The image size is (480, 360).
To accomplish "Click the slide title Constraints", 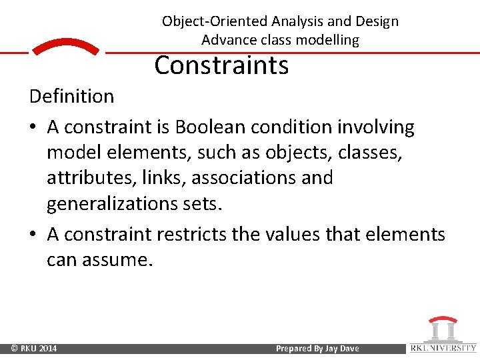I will coord(221,66).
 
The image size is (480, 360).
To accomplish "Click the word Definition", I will coord(71,97).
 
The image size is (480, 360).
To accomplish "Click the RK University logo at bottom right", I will coord(443,335).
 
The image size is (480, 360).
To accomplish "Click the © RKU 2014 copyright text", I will coord(34,349).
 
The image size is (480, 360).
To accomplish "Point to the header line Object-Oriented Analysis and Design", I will coord(280,21).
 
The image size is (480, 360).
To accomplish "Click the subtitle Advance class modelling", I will coord(280,40).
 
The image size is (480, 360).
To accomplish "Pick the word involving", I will coord(376,127).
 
